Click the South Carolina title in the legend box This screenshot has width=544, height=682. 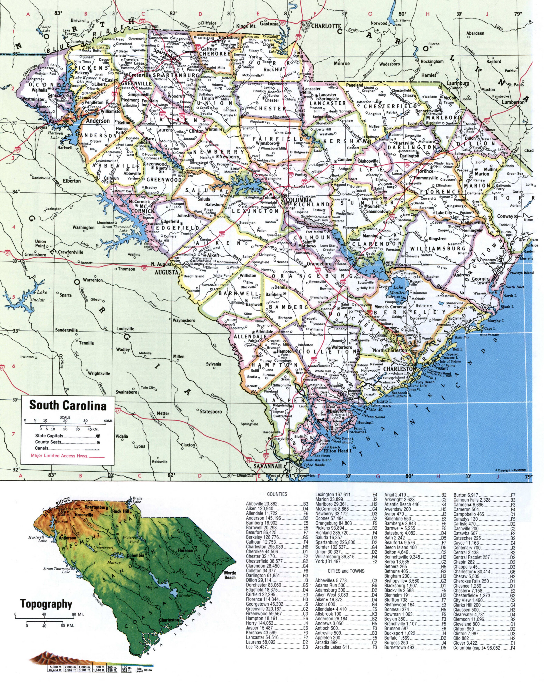click(x=68, y=406)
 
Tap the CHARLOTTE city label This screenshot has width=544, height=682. click(x=326, y=26)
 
